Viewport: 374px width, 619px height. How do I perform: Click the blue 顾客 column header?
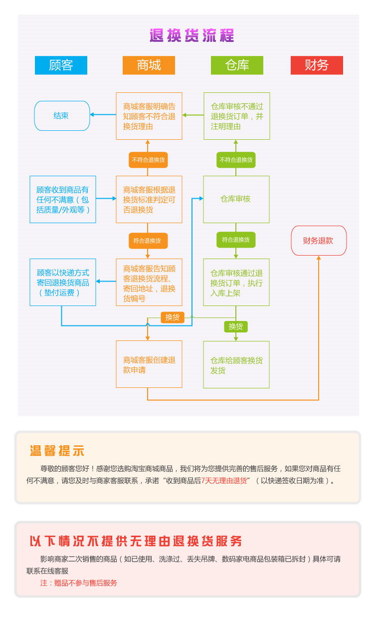pos(61,65)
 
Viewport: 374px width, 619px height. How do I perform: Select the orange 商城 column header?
pos(149,65)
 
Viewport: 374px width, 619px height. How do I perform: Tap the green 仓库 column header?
pos(237,65)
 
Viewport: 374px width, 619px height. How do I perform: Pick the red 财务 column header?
pos(317,65)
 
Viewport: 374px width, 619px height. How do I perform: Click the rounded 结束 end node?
pos(62,116)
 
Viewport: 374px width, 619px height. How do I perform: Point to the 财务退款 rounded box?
pos(318,241)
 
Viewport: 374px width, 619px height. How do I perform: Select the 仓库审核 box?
pos(236,199)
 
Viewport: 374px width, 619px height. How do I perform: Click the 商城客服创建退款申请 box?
pos(149,364)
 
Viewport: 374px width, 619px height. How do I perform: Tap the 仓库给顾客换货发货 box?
pos(236,365)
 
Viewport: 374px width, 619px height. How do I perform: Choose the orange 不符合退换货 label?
pos(148,160)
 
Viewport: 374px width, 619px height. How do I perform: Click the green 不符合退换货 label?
pos(236,160)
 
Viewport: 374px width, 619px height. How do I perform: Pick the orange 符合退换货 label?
pos(148,241)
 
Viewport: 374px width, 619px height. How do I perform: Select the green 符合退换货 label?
pos(236,240)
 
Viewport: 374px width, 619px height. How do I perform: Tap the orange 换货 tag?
pos(173,317)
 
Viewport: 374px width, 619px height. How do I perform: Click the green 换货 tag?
pos(236,327)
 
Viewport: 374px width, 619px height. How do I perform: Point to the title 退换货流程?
pos(191,36)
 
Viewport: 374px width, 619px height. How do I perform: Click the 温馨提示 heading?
pos(57,450)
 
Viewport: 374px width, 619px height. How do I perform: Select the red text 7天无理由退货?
pos(224,481)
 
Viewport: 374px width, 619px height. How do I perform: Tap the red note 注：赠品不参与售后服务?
pos(79,583)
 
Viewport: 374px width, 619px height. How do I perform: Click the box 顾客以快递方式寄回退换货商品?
pos(63,283)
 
